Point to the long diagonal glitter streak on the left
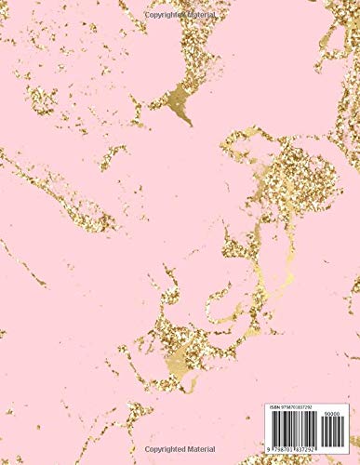(56, 191)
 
